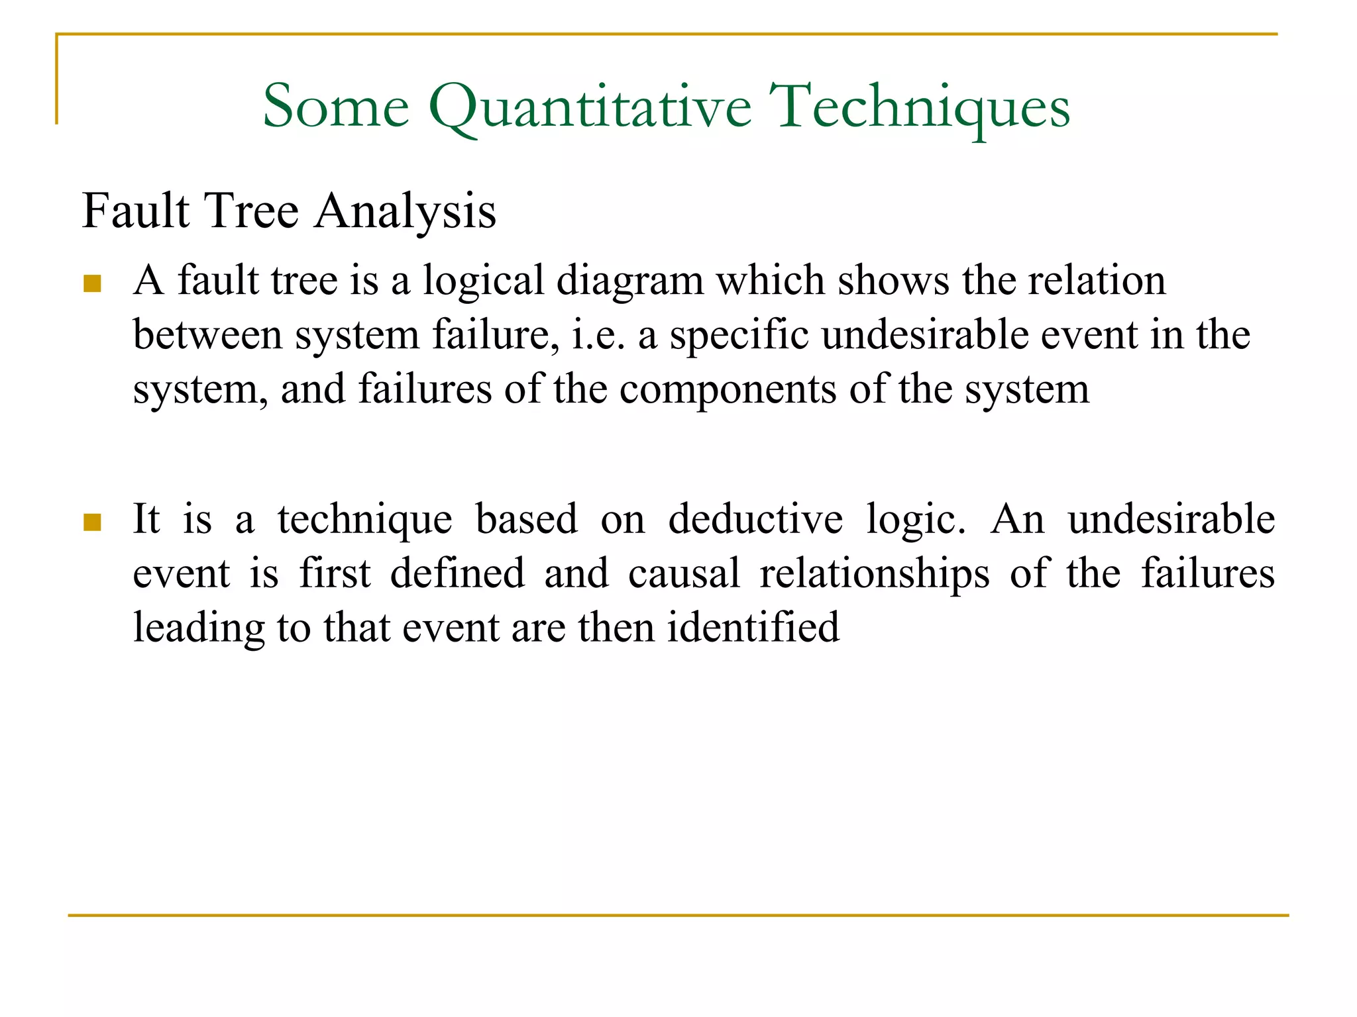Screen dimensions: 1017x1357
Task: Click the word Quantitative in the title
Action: [x=590, y=107]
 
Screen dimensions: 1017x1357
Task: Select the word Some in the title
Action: [x=336, y=107]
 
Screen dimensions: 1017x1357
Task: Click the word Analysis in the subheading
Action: [x=405, y=212]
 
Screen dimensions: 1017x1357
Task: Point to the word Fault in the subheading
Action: [x=136, y=212]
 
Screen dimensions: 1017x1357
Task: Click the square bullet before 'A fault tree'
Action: [x=92, y=284]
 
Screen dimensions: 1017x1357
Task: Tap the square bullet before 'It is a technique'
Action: [x=92, y=522]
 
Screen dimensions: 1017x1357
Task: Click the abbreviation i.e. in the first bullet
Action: [x=598, y=335]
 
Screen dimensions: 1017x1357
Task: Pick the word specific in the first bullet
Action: [x=739, y=335]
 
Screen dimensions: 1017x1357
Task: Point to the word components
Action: [x=728, y=389]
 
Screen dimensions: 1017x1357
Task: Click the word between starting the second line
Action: [x=207, y=335]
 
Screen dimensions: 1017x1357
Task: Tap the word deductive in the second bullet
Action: [x=755, y=519]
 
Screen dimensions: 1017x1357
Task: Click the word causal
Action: [x=684, y=573]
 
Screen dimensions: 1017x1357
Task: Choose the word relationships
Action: [x=875, y=573]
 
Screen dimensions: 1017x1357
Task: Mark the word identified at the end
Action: [x=753, y=628]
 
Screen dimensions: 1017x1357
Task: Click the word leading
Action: [x=199, y=628]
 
